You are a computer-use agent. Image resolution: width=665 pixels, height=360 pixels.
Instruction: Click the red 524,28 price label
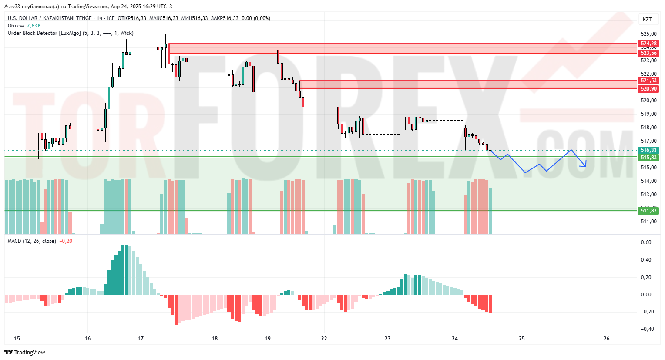coord(648,44)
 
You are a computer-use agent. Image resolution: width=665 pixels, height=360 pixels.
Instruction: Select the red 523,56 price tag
coord(648,53)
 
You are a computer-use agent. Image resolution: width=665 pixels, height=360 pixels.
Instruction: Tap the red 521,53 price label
coord(648,81)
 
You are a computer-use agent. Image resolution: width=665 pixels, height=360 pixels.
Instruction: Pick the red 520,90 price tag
coord(648,89)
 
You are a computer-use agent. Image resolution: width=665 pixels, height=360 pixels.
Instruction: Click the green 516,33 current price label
coord(648,150)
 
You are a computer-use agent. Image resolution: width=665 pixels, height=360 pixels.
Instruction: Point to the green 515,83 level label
coord(648,158)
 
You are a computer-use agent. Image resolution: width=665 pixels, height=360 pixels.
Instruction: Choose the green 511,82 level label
coord(648,211)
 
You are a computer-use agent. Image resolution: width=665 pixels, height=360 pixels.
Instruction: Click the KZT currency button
coord(647,19)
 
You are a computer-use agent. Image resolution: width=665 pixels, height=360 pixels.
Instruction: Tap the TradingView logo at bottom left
coord(25,352)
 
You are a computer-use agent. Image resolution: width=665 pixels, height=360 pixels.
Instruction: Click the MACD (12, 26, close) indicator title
coord(32,241)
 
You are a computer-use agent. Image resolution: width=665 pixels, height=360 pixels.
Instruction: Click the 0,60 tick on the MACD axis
coord(646,242)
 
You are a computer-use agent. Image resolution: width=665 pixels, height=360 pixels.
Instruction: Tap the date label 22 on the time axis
coord(324,339)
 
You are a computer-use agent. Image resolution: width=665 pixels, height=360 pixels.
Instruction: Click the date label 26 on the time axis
coord(607,339)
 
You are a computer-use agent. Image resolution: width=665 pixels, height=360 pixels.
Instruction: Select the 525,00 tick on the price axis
coord(648,34)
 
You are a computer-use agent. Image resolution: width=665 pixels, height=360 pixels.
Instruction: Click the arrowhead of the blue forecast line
coord(585,165)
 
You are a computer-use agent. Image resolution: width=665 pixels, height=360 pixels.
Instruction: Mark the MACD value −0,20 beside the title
coord(66,241)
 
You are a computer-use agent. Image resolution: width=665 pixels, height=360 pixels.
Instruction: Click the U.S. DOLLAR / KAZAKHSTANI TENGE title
coord(50,18)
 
